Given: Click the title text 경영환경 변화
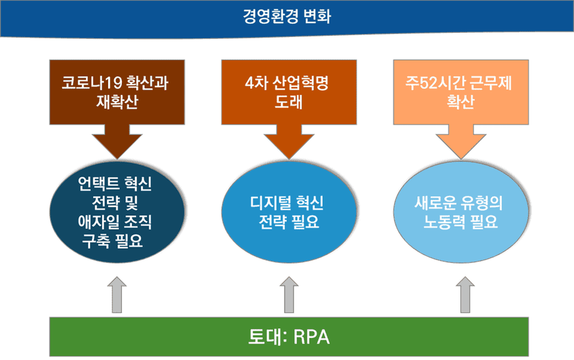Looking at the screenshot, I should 287,16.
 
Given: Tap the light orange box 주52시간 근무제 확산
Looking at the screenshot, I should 461,91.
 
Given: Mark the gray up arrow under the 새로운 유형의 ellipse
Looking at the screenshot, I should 465,295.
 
